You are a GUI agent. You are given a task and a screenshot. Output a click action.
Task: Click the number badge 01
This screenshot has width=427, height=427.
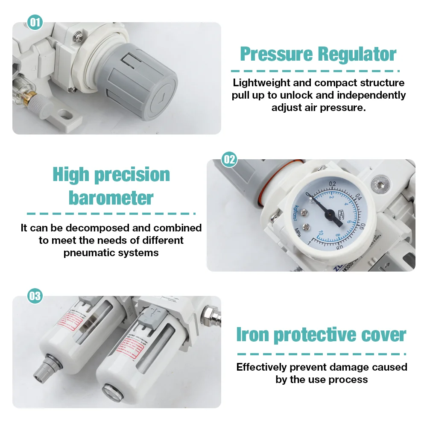tap(35, 22)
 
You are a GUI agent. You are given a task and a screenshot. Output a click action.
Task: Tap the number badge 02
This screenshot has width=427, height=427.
tap(229, 160)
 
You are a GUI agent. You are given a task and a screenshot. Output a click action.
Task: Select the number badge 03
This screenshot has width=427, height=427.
tap(35, 296)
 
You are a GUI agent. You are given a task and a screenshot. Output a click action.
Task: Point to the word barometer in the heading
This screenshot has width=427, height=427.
tap(111, 198)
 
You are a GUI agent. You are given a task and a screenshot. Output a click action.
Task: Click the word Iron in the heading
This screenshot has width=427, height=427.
tap(253, 335)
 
